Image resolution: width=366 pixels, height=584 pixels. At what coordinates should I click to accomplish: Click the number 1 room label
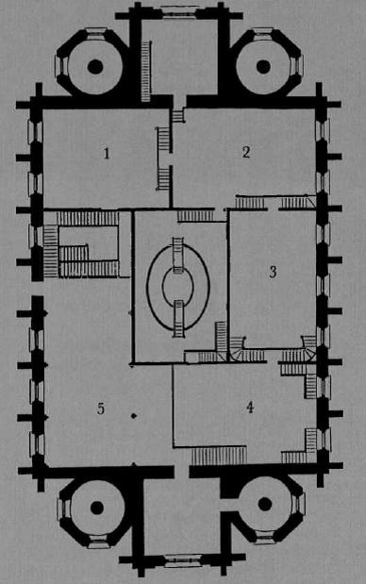click(108, 152)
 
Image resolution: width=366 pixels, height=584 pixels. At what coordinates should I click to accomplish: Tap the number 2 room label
click(246, 153)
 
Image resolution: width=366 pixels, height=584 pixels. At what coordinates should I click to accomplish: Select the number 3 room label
click(273, 273)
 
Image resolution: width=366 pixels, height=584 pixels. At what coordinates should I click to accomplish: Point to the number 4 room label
click(249, 408)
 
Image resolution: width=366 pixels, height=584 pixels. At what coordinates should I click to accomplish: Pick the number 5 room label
click(99, 409)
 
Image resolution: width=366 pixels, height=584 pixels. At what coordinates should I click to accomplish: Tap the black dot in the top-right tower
click(263, 66)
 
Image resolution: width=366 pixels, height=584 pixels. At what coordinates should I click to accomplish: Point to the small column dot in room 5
click(134, 415)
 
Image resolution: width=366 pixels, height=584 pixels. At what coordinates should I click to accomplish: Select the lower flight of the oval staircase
click(178, 318)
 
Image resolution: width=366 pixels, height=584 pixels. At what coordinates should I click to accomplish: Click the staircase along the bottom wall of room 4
click(218, 456)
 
